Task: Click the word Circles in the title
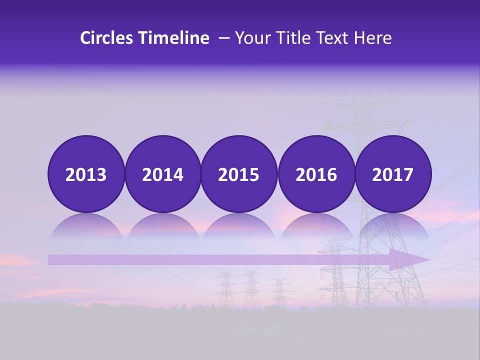107,38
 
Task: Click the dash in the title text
224,38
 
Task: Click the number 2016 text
316,175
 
